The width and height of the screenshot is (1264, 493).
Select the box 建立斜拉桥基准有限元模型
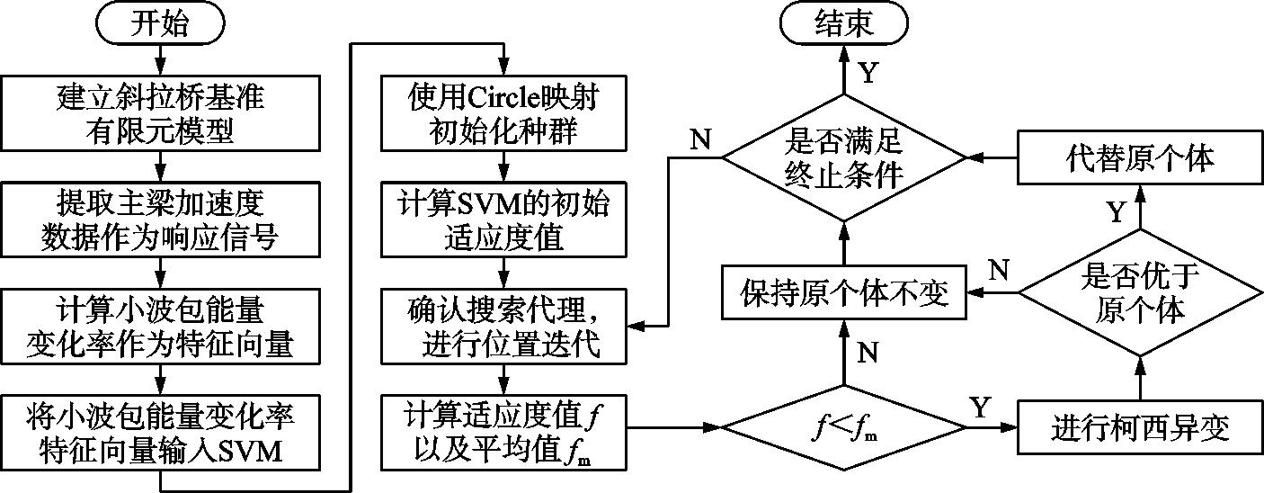pyautogui.click(x=162, y=113)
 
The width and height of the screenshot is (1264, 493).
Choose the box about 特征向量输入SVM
pyautogui.click(x=162, y=431)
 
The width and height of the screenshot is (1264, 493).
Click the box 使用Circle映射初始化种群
pyautogui.click(x=504, y=113)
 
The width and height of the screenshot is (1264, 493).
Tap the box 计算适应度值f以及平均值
pyautogui.click(x=504, y=431)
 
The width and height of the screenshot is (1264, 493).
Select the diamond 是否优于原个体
pyautogui.click(x=1139, y=291)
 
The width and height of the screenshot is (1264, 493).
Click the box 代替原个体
pyautogui.click(x=1139, y=158)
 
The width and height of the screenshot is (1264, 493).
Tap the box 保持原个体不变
pyautogui.click(x=843, y=291)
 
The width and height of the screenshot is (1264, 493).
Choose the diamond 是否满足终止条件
pyautogui.click(x=843, y=158)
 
